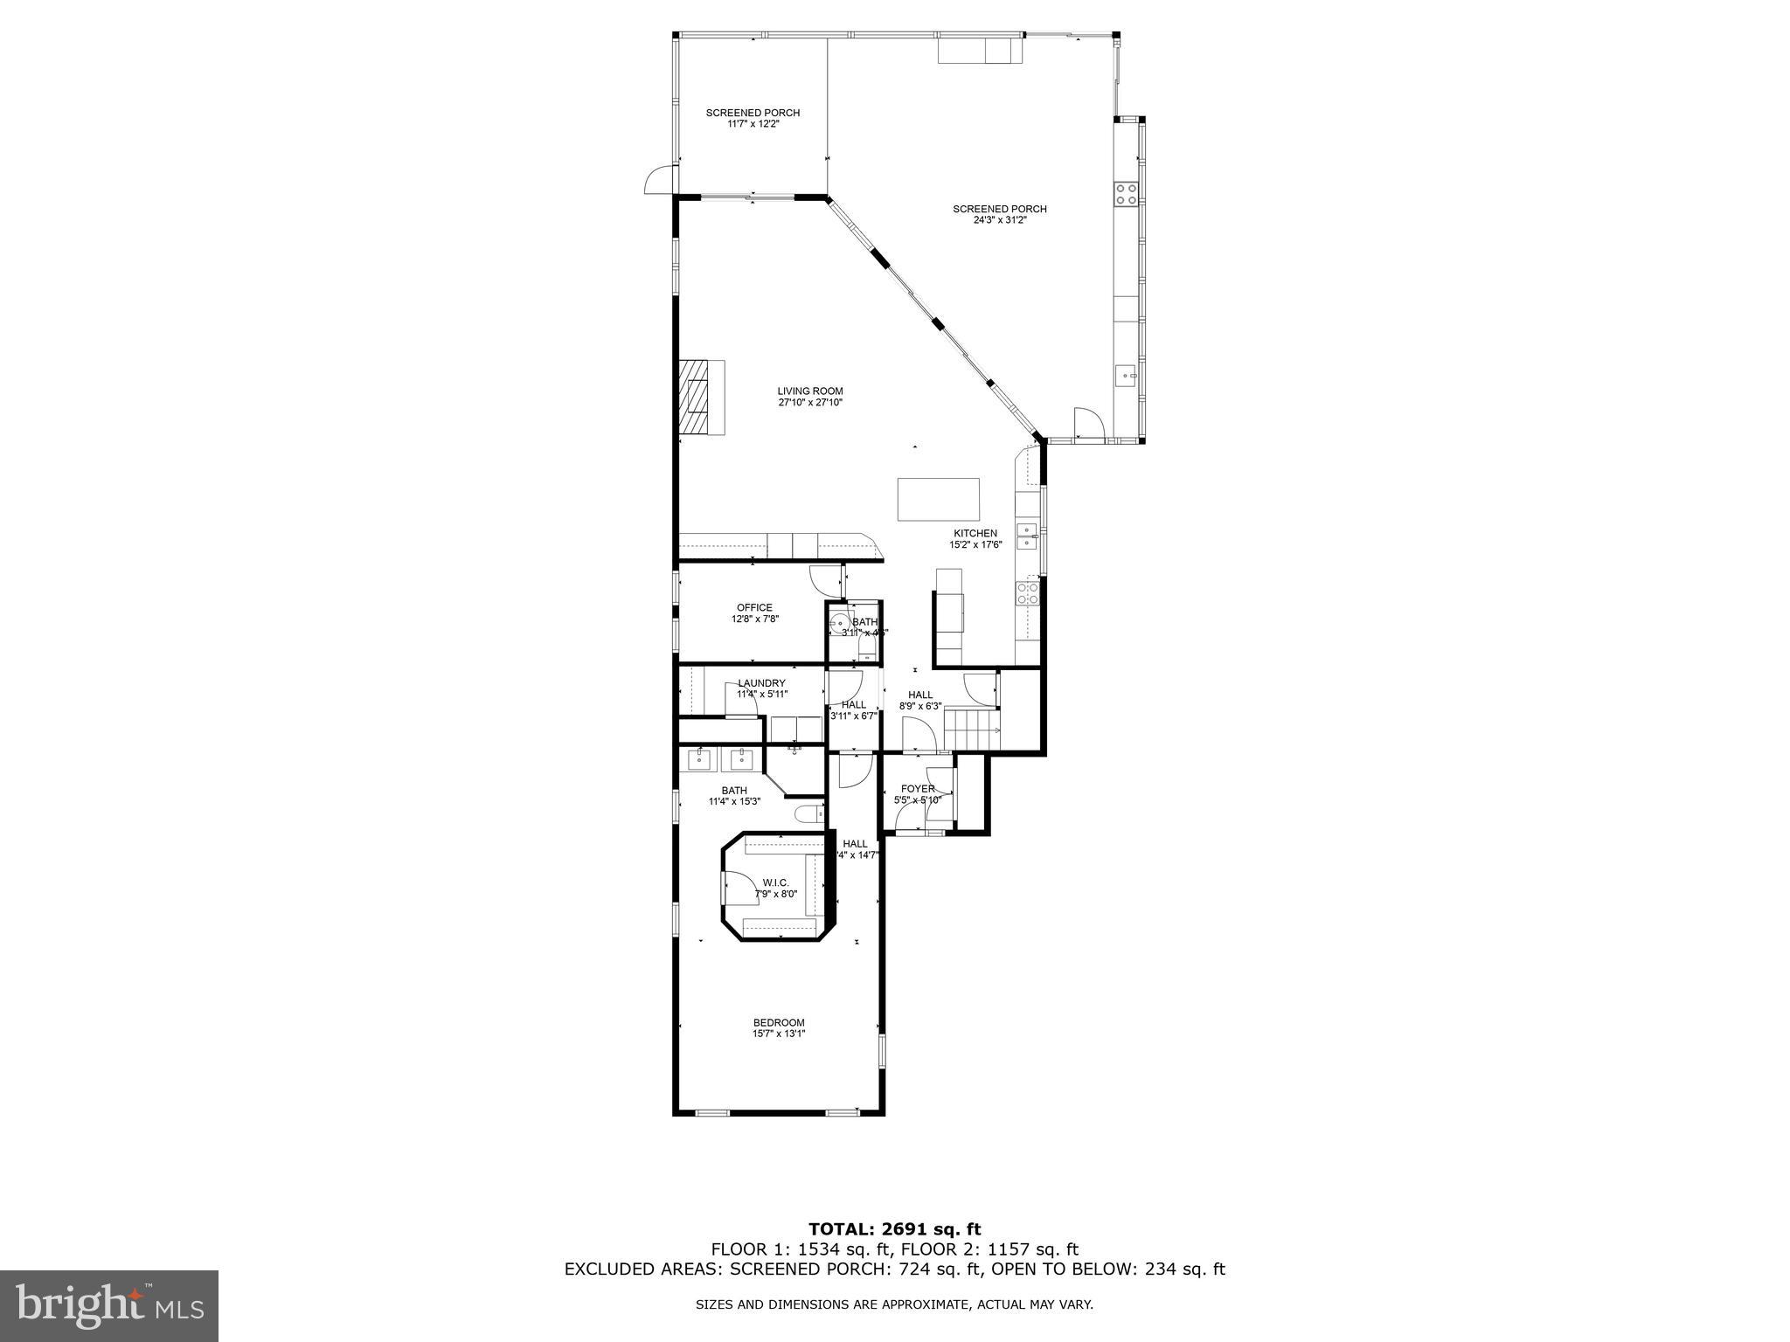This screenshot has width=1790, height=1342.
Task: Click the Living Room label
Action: [810, 391]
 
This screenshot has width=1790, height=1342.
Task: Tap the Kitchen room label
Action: [975, 533]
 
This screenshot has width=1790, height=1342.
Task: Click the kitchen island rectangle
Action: [938, 499]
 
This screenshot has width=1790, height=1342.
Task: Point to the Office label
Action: [754, 608]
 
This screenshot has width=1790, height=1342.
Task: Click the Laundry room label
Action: [761, 683]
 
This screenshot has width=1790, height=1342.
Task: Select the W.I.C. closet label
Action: [775, 882]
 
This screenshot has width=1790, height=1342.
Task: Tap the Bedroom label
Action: [779, 1022]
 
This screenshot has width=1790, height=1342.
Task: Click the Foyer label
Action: [917, 789]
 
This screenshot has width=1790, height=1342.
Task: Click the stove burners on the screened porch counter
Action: [1126, 194]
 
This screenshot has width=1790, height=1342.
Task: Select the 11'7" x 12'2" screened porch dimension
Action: [753, 124]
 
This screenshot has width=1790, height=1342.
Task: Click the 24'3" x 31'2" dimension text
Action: [999, 220]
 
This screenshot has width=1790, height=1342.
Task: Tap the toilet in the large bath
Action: [809, 814]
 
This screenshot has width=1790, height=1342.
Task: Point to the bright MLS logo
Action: [109, 1305]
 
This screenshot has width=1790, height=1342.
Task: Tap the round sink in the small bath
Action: [841, 624]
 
